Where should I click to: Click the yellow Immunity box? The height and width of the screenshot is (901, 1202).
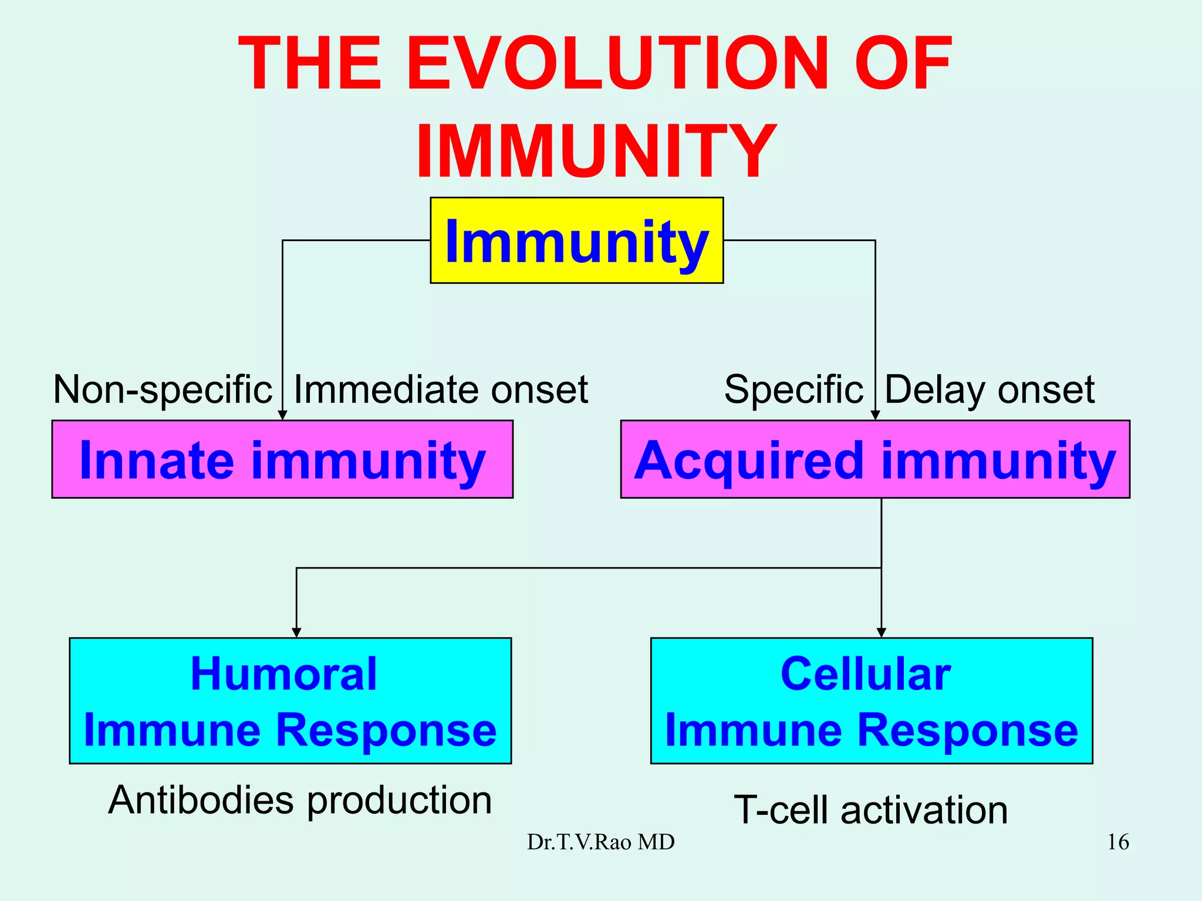click(x=576, y=241)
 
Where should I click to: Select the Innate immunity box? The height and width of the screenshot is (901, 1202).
click(x=282, y=459)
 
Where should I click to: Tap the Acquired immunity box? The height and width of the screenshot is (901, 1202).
click(x=875, y=459)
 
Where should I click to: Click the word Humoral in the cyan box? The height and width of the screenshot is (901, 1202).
click(x=283, y=674)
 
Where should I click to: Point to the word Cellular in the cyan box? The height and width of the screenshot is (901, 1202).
click(x=865, y=674)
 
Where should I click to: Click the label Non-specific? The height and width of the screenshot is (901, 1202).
click(x=163, y=389)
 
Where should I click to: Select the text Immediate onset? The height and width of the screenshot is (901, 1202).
click(x=440, y=389)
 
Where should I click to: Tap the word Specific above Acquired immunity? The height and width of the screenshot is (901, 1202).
click(x=793, y=389)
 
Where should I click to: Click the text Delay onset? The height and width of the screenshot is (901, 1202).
click(x=989, y=389)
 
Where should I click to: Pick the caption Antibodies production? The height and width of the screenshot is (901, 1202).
click(x=300, y=800)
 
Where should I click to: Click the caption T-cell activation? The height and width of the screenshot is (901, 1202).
click(x=871, y=810)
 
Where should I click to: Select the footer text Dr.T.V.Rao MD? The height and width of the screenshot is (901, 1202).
click(x=600, y=842)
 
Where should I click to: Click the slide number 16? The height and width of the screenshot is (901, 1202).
click(x=1117, y=842)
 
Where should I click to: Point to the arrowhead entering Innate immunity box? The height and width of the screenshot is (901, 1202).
click(x=282, y=415)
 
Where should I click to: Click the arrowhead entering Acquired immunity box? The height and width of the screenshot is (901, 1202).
click(x=875, y=415)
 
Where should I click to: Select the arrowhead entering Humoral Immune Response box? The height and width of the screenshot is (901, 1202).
click(x=296, y=632)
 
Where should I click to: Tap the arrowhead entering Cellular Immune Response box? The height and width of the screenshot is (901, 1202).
click(x=881, y=632)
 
